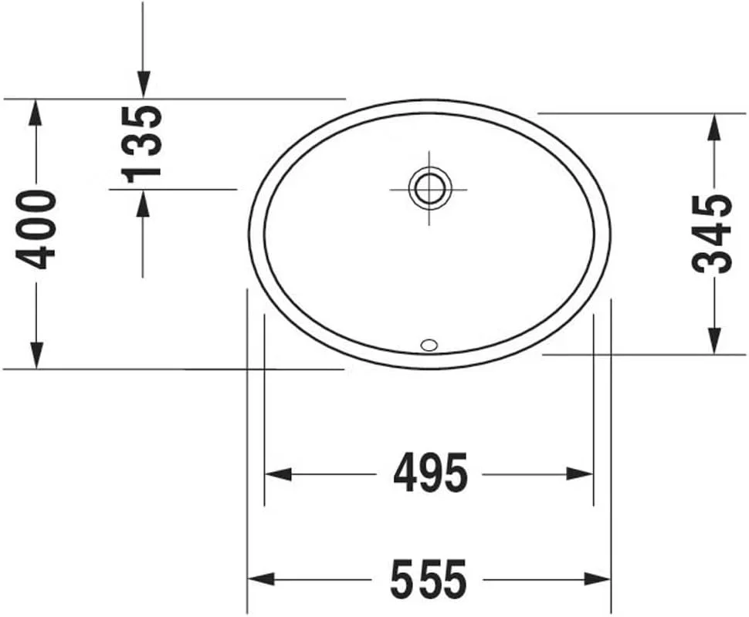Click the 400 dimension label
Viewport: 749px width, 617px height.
click(x=37, y=229)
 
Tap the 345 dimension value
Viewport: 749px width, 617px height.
click(x=712, y=234)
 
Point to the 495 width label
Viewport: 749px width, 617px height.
click(x=430, y=474)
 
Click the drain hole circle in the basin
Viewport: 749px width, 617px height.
click(x=429, y=187)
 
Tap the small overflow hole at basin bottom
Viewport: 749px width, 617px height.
click(x=429, y=344)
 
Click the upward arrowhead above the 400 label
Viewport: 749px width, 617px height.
click(x=36, y=113)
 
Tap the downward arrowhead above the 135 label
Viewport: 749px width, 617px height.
click(x=143, y=85)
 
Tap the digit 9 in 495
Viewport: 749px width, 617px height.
click(x=430, y=474)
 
